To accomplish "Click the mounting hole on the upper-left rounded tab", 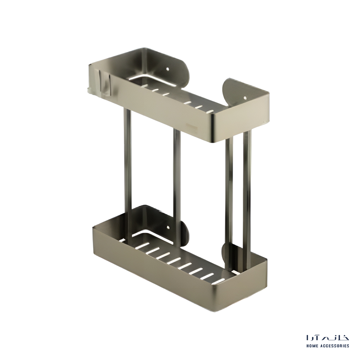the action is [168, 69].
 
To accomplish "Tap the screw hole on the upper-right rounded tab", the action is [245, 98].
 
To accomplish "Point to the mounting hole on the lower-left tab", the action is [168, 228].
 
